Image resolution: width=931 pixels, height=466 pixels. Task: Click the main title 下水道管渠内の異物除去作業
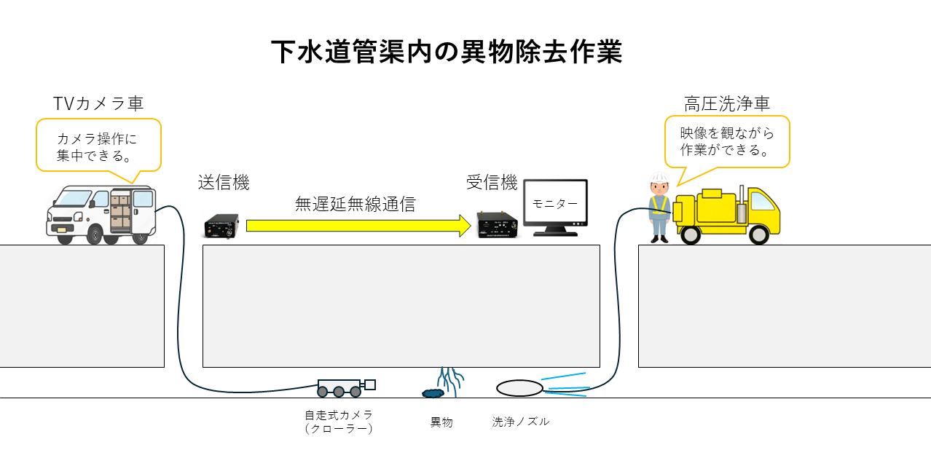coord(447,52)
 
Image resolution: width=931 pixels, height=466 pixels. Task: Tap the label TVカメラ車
coord(98,103)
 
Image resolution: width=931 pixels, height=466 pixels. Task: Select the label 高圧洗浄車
coord(726,104)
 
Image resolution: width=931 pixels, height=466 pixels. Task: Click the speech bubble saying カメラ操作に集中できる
coord(98,146)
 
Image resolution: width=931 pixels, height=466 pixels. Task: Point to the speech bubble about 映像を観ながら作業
coord(727,142)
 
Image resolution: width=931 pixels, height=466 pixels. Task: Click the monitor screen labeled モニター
coord(555,205)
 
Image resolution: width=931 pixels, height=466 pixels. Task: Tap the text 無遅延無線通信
coord(355,205)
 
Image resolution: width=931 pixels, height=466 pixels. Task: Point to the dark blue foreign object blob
coord(433,393)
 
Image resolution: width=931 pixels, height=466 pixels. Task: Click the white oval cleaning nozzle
coord(519,388)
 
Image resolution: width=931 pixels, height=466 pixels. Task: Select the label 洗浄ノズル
coord(520,422)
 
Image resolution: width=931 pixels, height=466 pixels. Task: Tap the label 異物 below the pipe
coord(441,422)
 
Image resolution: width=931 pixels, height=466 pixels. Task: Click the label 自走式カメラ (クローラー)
coord(339,422)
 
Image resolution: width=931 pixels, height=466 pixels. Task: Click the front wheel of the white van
coord(95,234)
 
